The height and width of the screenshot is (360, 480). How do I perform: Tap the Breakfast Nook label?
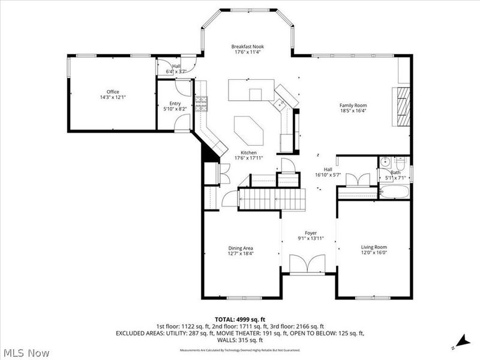(248, 47)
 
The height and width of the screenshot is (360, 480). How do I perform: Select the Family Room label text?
(353, 105)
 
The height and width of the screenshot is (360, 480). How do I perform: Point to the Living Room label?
(374, 247)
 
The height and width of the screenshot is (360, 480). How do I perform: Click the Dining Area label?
(240, 248)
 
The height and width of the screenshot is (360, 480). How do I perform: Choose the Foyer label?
(310, 233)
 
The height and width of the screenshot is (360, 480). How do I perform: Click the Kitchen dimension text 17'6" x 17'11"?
(249, 158)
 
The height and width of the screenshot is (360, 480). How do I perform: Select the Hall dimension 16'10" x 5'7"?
(328, 175)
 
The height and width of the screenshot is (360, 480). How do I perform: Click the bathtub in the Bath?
(394, 193)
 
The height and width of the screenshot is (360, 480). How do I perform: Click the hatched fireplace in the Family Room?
(401, 106)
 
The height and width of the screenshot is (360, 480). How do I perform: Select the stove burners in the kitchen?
(201, 104)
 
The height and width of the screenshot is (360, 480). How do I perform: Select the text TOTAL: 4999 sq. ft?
(240, 319)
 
